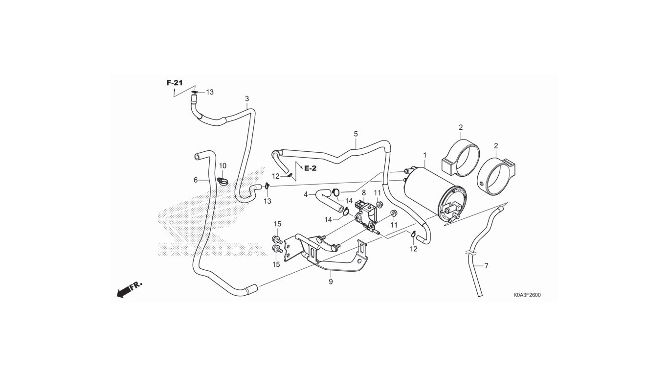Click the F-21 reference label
[174, 83]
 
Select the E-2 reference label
[311, 168]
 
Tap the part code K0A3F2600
[527, 295]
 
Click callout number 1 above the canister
[425, 155]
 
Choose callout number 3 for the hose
[247, 99]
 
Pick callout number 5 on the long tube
[356, 134]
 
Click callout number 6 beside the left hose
[196, 180]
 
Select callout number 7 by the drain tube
[486, 266]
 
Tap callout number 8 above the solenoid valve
[364, 193]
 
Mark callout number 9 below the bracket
[331, 282]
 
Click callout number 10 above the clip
[223, 166]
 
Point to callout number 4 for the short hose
[306, 194]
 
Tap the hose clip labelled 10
[223, 182]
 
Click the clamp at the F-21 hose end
[195, 92]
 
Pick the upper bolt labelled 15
[276, 239]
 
